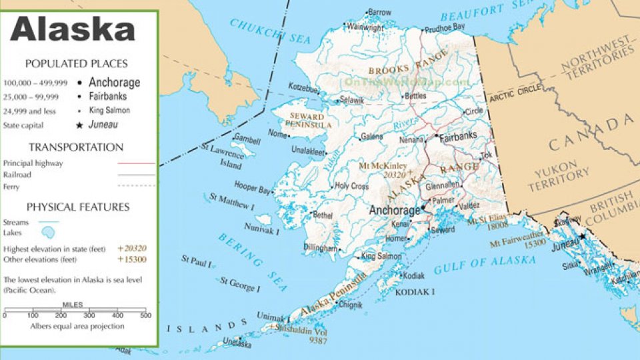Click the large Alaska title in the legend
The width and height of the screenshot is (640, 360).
coord(73,31)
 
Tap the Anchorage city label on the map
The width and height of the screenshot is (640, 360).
coord(395,211)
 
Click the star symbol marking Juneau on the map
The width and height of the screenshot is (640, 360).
coord(582,236)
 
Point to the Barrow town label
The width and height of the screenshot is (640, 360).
coord(379,12)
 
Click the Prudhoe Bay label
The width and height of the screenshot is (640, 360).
coord(445,27)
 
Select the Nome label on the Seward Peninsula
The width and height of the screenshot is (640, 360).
coord(277,133)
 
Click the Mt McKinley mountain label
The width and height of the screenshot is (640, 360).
coord(383,165)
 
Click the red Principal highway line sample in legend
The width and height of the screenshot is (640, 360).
coord(136,163)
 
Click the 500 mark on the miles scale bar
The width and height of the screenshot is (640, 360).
coord(145,315)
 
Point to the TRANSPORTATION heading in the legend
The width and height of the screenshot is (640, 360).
coord(75,147)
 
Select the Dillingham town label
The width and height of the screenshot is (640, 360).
coord(320,247)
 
